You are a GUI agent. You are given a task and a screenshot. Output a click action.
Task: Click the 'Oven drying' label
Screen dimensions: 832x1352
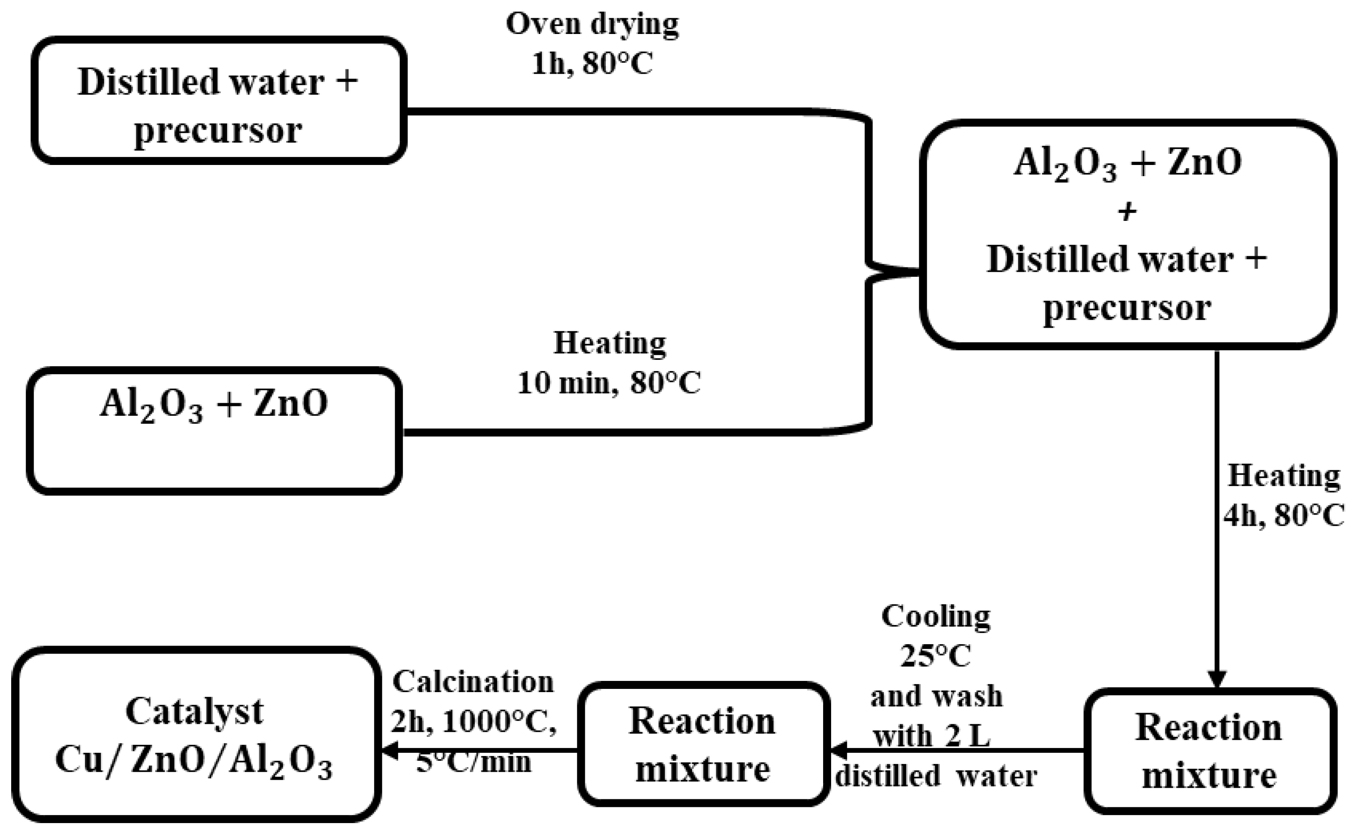[592, 25]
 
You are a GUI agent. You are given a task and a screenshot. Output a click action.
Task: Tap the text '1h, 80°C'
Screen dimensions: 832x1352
[592, 64]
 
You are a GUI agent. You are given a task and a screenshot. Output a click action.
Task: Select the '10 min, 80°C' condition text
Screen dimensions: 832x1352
[609, 383]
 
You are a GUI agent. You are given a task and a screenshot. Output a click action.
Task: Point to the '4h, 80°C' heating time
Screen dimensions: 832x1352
[1283, 516]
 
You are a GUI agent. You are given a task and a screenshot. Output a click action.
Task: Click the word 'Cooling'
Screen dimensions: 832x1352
[936, 617]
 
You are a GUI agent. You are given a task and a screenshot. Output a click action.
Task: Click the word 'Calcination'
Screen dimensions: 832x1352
[473, 682]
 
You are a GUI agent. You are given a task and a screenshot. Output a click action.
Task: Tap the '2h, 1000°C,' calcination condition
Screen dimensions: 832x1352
[473, 722]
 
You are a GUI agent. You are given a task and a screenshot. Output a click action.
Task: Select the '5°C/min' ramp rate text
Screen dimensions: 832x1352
[473, 762]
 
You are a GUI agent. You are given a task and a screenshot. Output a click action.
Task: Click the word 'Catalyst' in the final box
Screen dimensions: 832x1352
[195, 711]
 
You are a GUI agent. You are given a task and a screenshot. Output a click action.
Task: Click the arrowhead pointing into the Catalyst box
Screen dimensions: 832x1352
[389, 750]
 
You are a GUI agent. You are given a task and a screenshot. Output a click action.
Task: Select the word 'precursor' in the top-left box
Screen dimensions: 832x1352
[218, 131]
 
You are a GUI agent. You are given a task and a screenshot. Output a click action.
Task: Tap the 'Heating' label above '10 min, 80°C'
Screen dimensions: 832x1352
[609, 343]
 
